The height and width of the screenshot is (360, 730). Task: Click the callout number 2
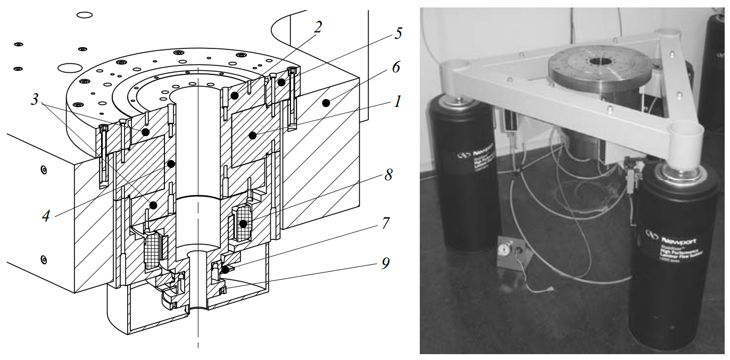point(317,27)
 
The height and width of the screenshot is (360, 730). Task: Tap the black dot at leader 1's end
point(252,136)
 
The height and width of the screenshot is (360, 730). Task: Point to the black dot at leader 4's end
point(171,164)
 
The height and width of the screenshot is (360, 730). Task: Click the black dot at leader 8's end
point(243,224)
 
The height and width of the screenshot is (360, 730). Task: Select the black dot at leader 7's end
point(225,270)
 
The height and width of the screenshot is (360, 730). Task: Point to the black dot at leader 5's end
point(281,83)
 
